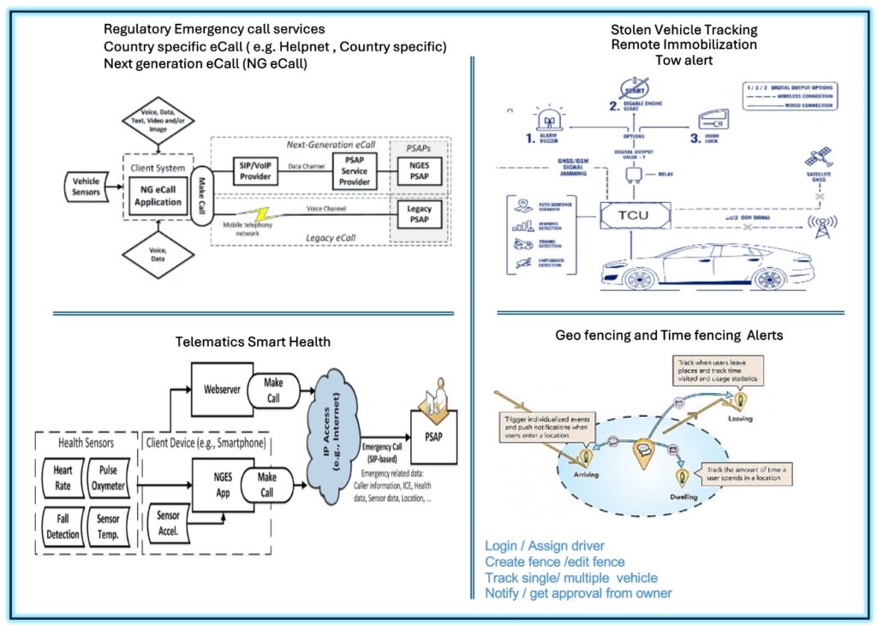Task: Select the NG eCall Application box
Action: pyautogui.click(x=158, y=195)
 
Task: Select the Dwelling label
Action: pyautogui.click(x=682, y=497)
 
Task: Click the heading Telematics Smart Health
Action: pyautogui.click(x=254, y=342)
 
